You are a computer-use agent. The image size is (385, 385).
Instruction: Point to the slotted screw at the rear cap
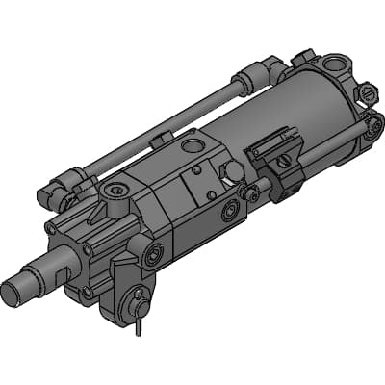[x=369, y=93]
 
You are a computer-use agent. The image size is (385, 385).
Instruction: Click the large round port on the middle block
[x=192, y=146]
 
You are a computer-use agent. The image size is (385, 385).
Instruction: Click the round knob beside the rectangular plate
[x=234, y=171]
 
